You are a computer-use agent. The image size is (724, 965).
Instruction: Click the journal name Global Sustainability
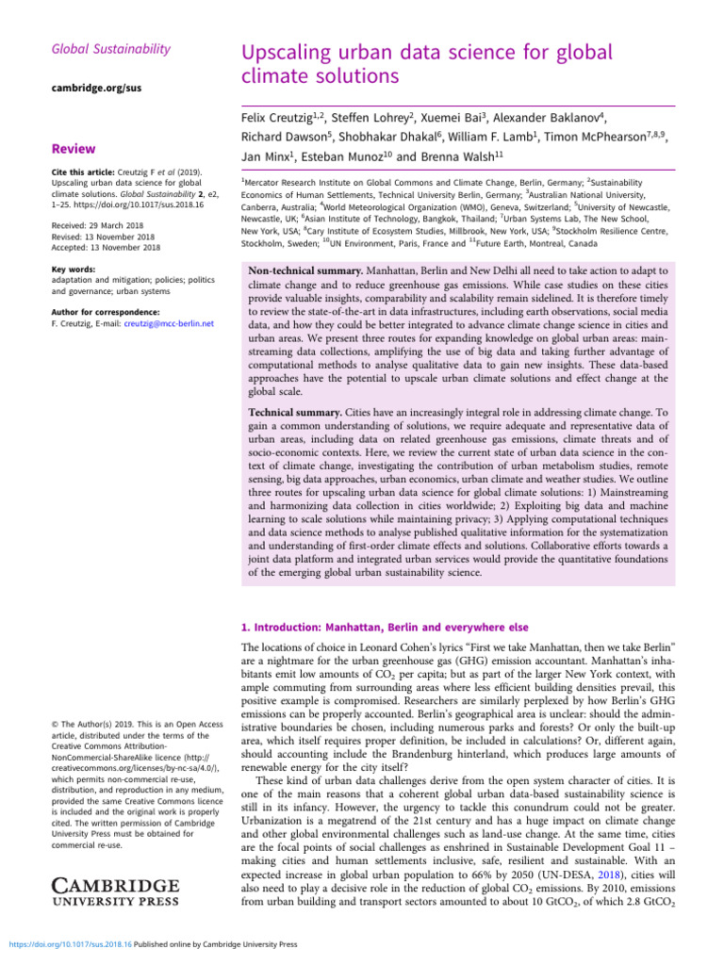110,48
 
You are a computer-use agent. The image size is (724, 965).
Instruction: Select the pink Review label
72,148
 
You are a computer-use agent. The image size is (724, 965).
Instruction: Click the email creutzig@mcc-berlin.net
169,324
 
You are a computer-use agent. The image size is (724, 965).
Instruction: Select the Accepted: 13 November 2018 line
107,248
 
